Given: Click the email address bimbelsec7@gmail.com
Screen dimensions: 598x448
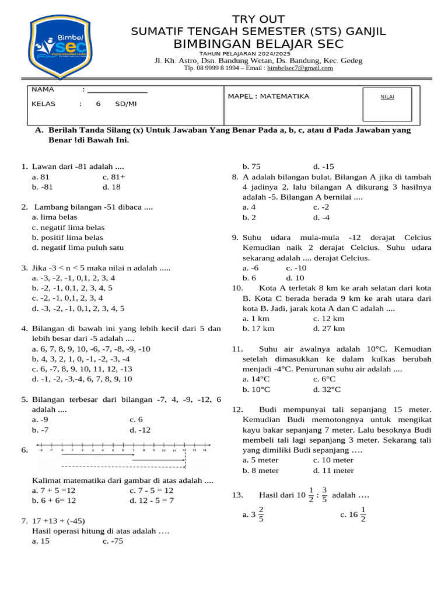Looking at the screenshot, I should pyautogui.click(x=300, y=68).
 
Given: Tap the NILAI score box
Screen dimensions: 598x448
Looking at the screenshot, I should pyautogui.click(x=387, y=104).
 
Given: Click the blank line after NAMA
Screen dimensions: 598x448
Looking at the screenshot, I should pyautogui.click(x=117, y=90).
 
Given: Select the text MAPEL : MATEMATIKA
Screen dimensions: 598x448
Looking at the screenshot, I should pyautogui.click(x=268, y=96).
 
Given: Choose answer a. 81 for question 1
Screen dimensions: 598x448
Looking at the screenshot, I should pyautogui.click(x=41, y=176).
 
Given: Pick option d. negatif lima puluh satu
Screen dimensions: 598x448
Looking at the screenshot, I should pyautogui.click(x=78, y=247).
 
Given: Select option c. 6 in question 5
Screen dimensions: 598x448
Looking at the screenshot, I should pyautogui.click(x=136, y=419).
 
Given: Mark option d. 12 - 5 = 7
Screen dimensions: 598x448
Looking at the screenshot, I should pyautogui.click(x=152, y=500).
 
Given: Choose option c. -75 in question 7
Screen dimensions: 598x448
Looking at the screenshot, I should pyautogui.click(x=113, y=541).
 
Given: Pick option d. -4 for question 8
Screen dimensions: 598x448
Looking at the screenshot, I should pyautogui.click(x=321, y=217).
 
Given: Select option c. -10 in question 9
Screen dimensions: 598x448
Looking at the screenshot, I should pyautogui.click(x=296, y=268).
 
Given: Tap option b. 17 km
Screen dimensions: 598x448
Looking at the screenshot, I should pyautogui.click(x=258, y=329).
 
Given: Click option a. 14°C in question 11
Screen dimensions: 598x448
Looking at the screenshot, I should pyautogui.click(x=256, y=379).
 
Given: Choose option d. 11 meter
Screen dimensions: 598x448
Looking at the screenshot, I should pyautogui.click(x=333, y=470).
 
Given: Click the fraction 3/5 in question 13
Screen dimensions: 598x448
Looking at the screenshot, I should pyautogui.click(x=324, y=494).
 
